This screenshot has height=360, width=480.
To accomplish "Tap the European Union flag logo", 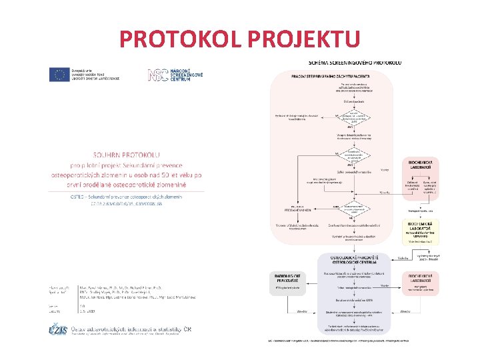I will (x=57, y=75).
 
